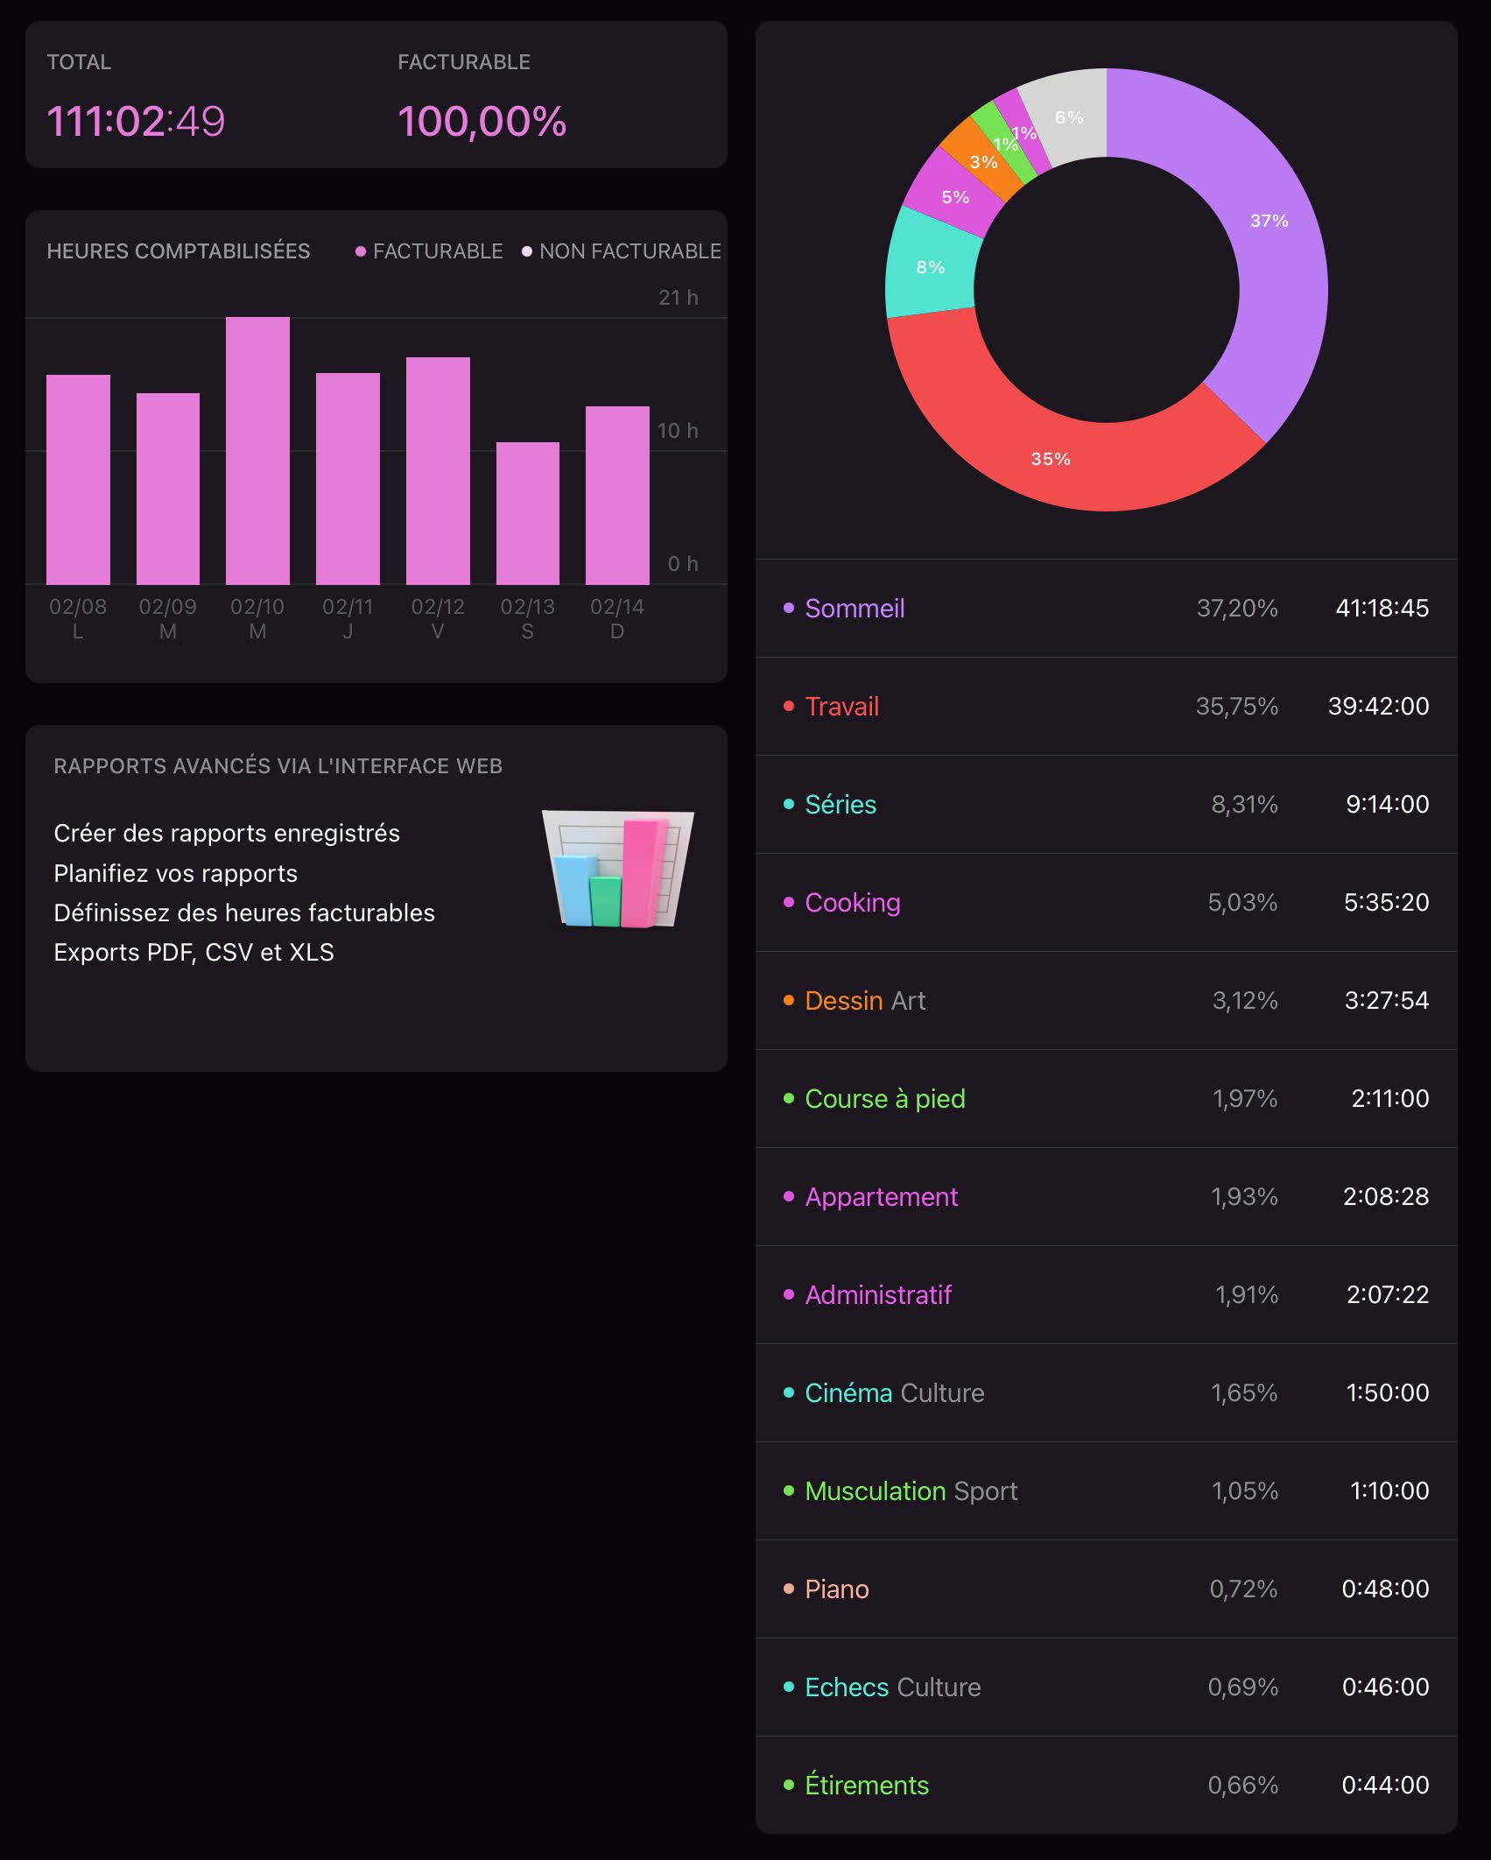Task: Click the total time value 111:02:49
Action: pos(136,121)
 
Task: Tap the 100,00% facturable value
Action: pos(482,121)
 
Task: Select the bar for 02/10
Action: pos(257,450)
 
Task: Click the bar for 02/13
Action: pos(527,513)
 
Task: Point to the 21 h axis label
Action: pos(678,298)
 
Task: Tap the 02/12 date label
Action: pos(438,607)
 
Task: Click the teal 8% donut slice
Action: pos(930,267)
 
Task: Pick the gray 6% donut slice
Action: pos(1068,116)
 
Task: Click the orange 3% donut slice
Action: pos(982,160)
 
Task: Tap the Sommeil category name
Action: pos(855,608)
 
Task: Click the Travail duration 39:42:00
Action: pos(1378,706)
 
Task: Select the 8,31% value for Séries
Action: pos(1244,804)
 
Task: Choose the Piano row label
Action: pos(837,1589)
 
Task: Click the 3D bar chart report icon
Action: pos(618,869)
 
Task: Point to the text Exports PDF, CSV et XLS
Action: pos(193,952)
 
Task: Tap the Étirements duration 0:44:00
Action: pos(1385,1785)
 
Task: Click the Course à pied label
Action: pos(884,1098)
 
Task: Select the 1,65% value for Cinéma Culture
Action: pos(1244,1392)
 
